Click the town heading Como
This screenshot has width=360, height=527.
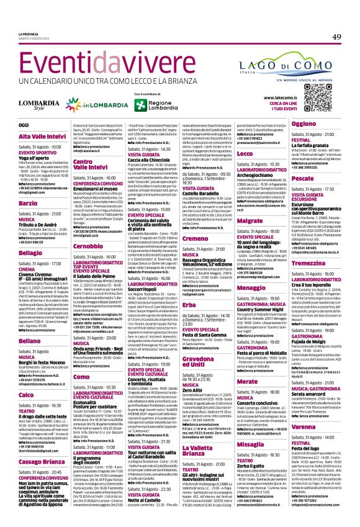[x=80, y=376]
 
